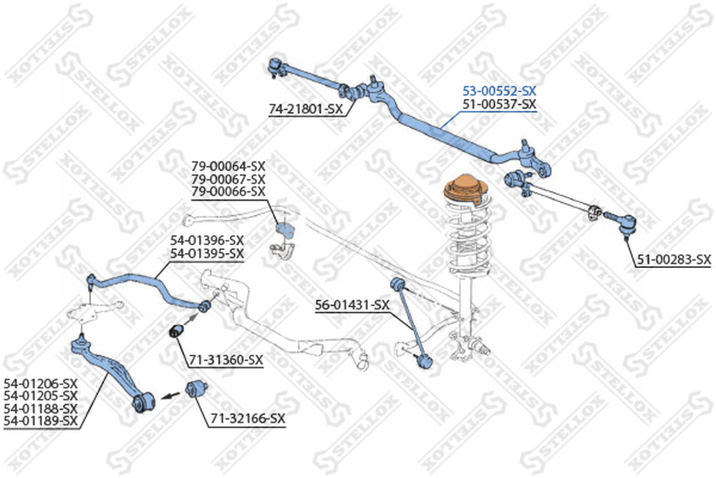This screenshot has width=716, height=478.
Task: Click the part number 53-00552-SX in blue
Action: pos(500,91)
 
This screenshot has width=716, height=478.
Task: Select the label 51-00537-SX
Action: pos(500,104)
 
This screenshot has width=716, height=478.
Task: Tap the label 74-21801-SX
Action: pos(306,109)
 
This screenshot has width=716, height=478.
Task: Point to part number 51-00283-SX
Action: pos(674,259)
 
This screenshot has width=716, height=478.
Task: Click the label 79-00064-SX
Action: pos(228,166)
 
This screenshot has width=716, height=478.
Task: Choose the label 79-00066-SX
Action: pos(228,191)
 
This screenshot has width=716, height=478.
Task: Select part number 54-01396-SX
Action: pos(208,240)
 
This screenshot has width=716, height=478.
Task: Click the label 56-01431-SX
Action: pos(352,305)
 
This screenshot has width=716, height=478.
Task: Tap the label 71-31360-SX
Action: pos(226,360)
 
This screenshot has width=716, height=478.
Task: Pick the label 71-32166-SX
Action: pos(248,418)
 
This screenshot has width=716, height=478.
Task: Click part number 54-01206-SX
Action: pos(41,383)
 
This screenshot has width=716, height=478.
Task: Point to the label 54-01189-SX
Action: pos(41,421)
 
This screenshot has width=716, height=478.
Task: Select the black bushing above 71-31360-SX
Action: pos(176,332)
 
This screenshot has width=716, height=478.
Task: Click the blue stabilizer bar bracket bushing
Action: pos(285,230)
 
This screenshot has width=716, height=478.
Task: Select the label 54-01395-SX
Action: pos(208,253)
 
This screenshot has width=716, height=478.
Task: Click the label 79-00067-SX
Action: pos(228,178)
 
